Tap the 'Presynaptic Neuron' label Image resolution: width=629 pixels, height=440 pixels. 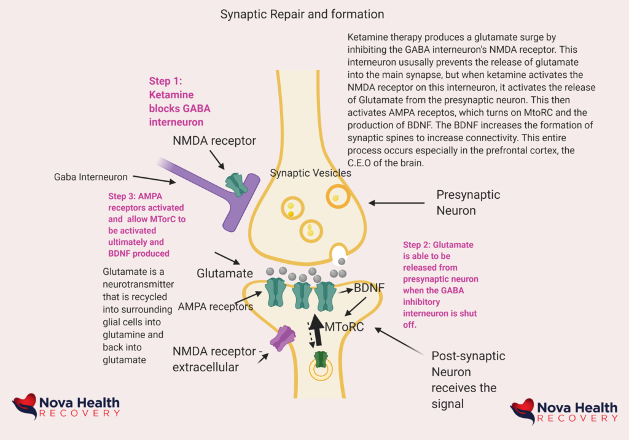468,203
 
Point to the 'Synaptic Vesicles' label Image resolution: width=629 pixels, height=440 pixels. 311,173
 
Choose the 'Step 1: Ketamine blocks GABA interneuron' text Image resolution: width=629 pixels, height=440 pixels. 179,101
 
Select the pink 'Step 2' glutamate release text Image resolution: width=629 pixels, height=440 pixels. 440,284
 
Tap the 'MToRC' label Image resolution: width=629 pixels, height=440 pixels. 344,327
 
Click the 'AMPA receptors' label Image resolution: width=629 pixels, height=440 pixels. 215,306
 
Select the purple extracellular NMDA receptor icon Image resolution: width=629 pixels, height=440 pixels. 283,338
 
